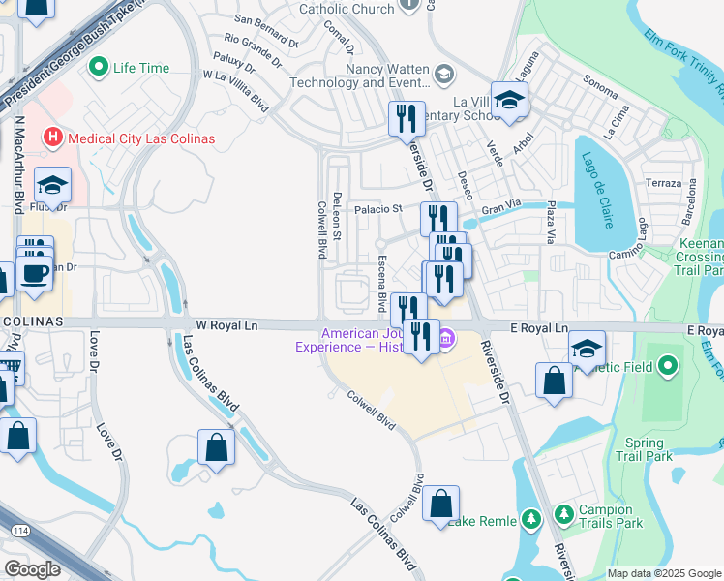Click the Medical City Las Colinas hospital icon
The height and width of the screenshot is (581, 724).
pyautogui.click(x=52, y=138)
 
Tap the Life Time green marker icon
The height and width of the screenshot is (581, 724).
pyautogui.click(x=98, y=68)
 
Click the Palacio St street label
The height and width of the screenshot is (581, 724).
pyautogui.click(x=377, y=208)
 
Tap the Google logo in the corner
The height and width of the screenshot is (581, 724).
pyautogui.click(x=33, y=569)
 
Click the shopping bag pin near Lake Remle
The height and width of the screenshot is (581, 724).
pyautogui.click(x=440, y=504)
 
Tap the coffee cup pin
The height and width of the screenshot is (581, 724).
pyautogui.click(x=33, y=273)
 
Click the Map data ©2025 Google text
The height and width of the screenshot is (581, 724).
pyautogui.click(x=665, y=573)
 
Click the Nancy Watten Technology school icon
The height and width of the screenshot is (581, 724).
pyautogui.click(x=444, y=74)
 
